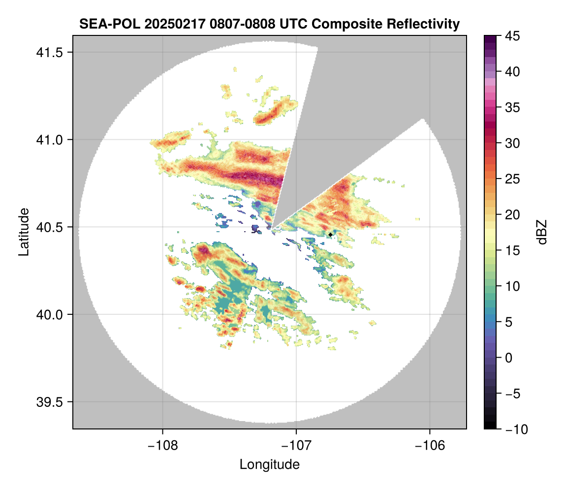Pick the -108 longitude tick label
pos(162,446)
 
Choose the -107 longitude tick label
pos(296,446)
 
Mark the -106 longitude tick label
pos(430,446)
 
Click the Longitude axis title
pos(269,464)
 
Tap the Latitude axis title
pos(24,232)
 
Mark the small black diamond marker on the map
pos(330,235)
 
